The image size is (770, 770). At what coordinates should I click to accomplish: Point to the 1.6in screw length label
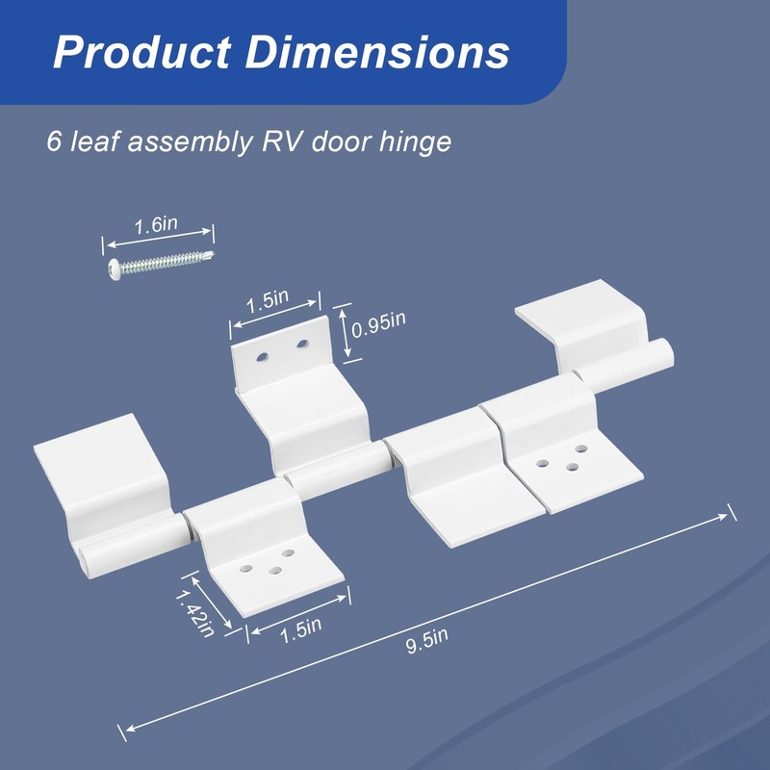coord(155,225)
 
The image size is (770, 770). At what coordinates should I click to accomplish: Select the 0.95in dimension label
coord(377,328)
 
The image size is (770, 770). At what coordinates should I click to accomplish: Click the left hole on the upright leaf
coord(260,356)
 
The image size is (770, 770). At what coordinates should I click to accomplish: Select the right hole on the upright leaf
coord(302,344)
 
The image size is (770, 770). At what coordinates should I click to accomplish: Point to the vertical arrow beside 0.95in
coord(344,332)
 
